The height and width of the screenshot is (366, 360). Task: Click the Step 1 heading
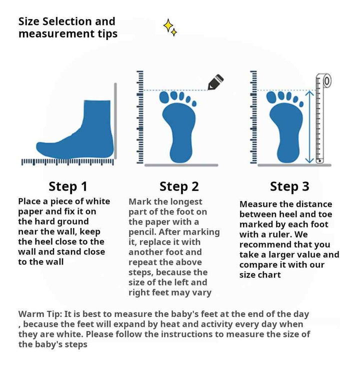(68, 186)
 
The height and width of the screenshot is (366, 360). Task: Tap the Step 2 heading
(179, 186)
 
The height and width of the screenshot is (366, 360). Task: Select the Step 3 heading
(289, 186)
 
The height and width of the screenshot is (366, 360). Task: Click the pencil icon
(215, 82)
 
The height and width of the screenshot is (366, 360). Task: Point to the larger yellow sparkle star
(168, 25)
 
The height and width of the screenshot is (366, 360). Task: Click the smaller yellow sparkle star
(173, 32)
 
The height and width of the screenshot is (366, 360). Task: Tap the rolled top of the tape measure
(326, 81)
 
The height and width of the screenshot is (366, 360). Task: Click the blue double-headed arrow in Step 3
(309, 126)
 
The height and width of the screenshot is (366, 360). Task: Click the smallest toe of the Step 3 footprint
(301, 104)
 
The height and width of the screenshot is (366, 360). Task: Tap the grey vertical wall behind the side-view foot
(115, 120)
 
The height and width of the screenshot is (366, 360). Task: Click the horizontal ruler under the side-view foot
(67, 162)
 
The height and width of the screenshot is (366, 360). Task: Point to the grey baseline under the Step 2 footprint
(181, 165)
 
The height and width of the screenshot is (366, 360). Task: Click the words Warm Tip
(40, 314)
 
